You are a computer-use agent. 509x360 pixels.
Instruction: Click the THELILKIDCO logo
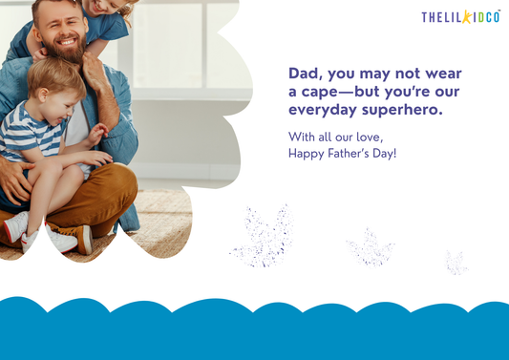pos(460,17)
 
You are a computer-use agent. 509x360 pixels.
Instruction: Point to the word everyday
pos(322,111)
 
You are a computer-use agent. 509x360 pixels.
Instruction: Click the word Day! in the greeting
pos(385,154)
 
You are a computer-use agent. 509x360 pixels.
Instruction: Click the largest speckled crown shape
pos(262,235)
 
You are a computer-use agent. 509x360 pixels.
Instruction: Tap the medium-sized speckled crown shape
pos(370,249)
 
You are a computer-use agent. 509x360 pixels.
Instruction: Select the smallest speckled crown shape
pos(456,262)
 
